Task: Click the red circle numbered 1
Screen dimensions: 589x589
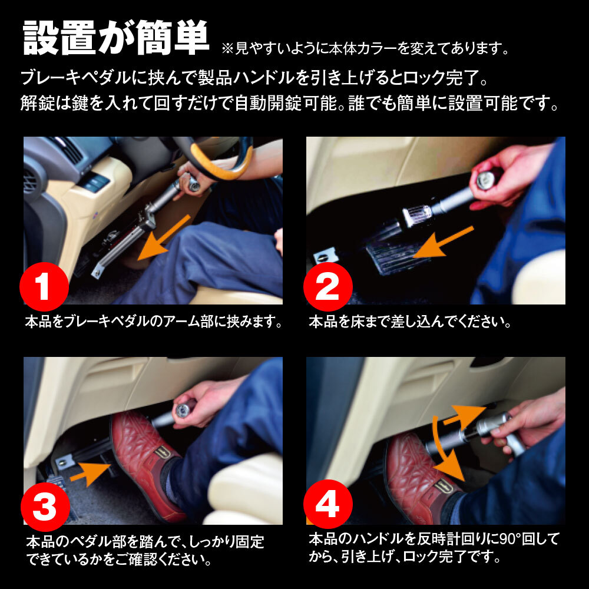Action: click(x=45, y=287)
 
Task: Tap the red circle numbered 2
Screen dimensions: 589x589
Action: click(x=327, y=287)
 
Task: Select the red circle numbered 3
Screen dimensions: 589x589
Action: click(x=45, y=505)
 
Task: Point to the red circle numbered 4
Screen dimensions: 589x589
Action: click(x=327, y=505)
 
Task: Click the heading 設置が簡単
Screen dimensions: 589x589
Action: click(x=116, y=39)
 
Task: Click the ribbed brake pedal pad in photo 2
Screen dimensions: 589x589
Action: click(x=392, y=256)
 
